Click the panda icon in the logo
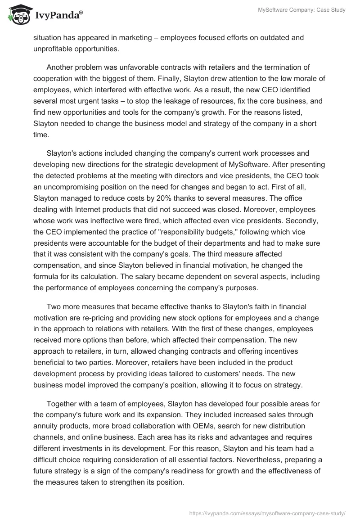(x=17, y=15)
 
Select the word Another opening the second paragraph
(x=61, y=67)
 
